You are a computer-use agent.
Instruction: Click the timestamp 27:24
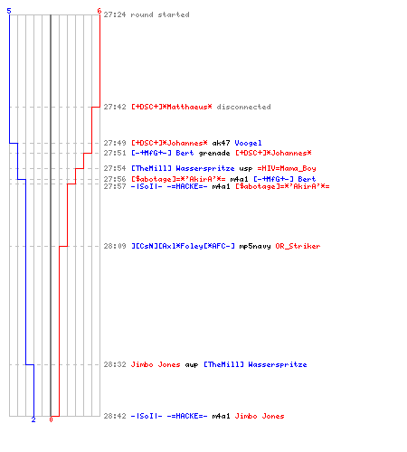tap(115, 14)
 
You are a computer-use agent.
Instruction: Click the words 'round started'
tap(160, 14)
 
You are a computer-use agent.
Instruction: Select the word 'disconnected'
tap(243, 107)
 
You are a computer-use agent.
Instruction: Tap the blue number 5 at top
tap(9, 11)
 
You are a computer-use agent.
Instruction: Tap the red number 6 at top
tap(99, 11)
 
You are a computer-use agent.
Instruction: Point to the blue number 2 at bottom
tap(33, 419)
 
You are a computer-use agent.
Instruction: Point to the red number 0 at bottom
tap(51, 419)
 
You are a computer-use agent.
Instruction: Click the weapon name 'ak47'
tap(221, 143)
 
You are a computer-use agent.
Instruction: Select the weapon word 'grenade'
tap(214, 153)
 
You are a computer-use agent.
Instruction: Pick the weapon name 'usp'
tap(246, 168)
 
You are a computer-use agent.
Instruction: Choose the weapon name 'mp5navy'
tap(255, 246)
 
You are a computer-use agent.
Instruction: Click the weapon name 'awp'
tap(192, 364)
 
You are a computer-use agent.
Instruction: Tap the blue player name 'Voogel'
tap(248, 143)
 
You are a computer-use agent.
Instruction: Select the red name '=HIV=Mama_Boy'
tap(287, 168)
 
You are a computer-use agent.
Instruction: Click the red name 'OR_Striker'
tap(298, 246)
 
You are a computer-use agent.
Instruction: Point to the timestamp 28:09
tap(115, 246)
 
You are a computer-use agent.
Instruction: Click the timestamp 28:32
tap(115, 364)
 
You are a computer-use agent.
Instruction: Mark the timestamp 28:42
tap(115, 416)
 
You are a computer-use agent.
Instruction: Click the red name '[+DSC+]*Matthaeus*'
tap(172, 107)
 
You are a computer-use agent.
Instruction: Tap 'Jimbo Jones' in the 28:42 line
tap(260, 416)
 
